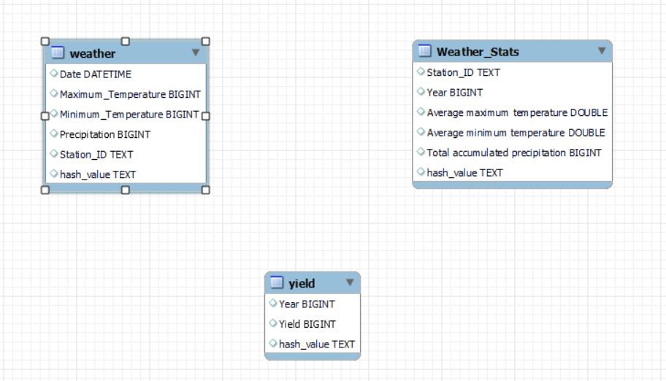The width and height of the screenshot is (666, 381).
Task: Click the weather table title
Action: pyautogui.click(x=93, y=53)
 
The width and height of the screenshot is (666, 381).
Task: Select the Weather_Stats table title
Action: pyautogui.click(x=478, y=52)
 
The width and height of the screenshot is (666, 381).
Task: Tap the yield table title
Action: pyautogui.click(x=302, y=283)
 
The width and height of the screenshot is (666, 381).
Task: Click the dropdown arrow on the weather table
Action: pyautogui.click(x=196, y=53)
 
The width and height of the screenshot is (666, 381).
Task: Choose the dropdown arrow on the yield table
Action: pyautogui.click(x=350, y=282)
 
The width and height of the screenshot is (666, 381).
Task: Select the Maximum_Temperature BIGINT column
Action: pyautogui.click(x=129, y=94)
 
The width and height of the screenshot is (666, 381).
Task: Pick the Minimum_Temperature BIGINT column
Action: pyautogui.click(x=129, y=115)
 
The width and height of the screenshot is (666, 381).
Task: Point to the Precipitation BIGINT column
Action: pyautogui.click(x=104, y=134)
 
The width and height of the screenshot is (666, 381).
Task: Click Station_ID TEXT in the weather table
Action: pyautogui.click(x=96, y=155)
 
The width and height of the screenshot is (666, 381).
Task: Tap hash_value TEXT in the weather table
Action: pyautogui.click(x=97, y=174)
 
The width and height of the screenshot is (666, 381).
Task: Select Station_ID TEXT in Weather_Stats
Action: pyautogui.click(x=463, y=72)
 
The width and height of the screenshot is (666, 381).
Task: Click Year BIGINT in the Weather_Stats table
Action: pyautogui.click(x=454, y=93)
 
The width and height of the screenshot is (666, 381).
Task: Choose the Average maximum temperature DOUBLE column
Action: pyautogui.click(x=517, y=112)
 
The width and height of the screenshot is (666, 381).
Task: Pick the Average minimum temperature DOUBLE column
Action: pyautogui.click(x=516, y=133)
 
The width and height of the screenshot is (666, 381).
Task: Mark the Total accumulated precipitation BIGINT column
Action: pyautogui.click(x=514, y=153)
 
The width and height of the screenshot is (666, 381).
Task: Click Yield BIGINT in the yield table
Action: pyautogui.click(x=307, y=324)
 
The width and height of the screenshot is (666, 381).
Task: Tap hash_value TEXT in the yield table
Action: pyautogui.click(x=316, y=344)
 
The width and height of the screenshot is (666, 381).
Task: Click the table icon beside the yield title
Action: pyautogui.click(x=277, y=282)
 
